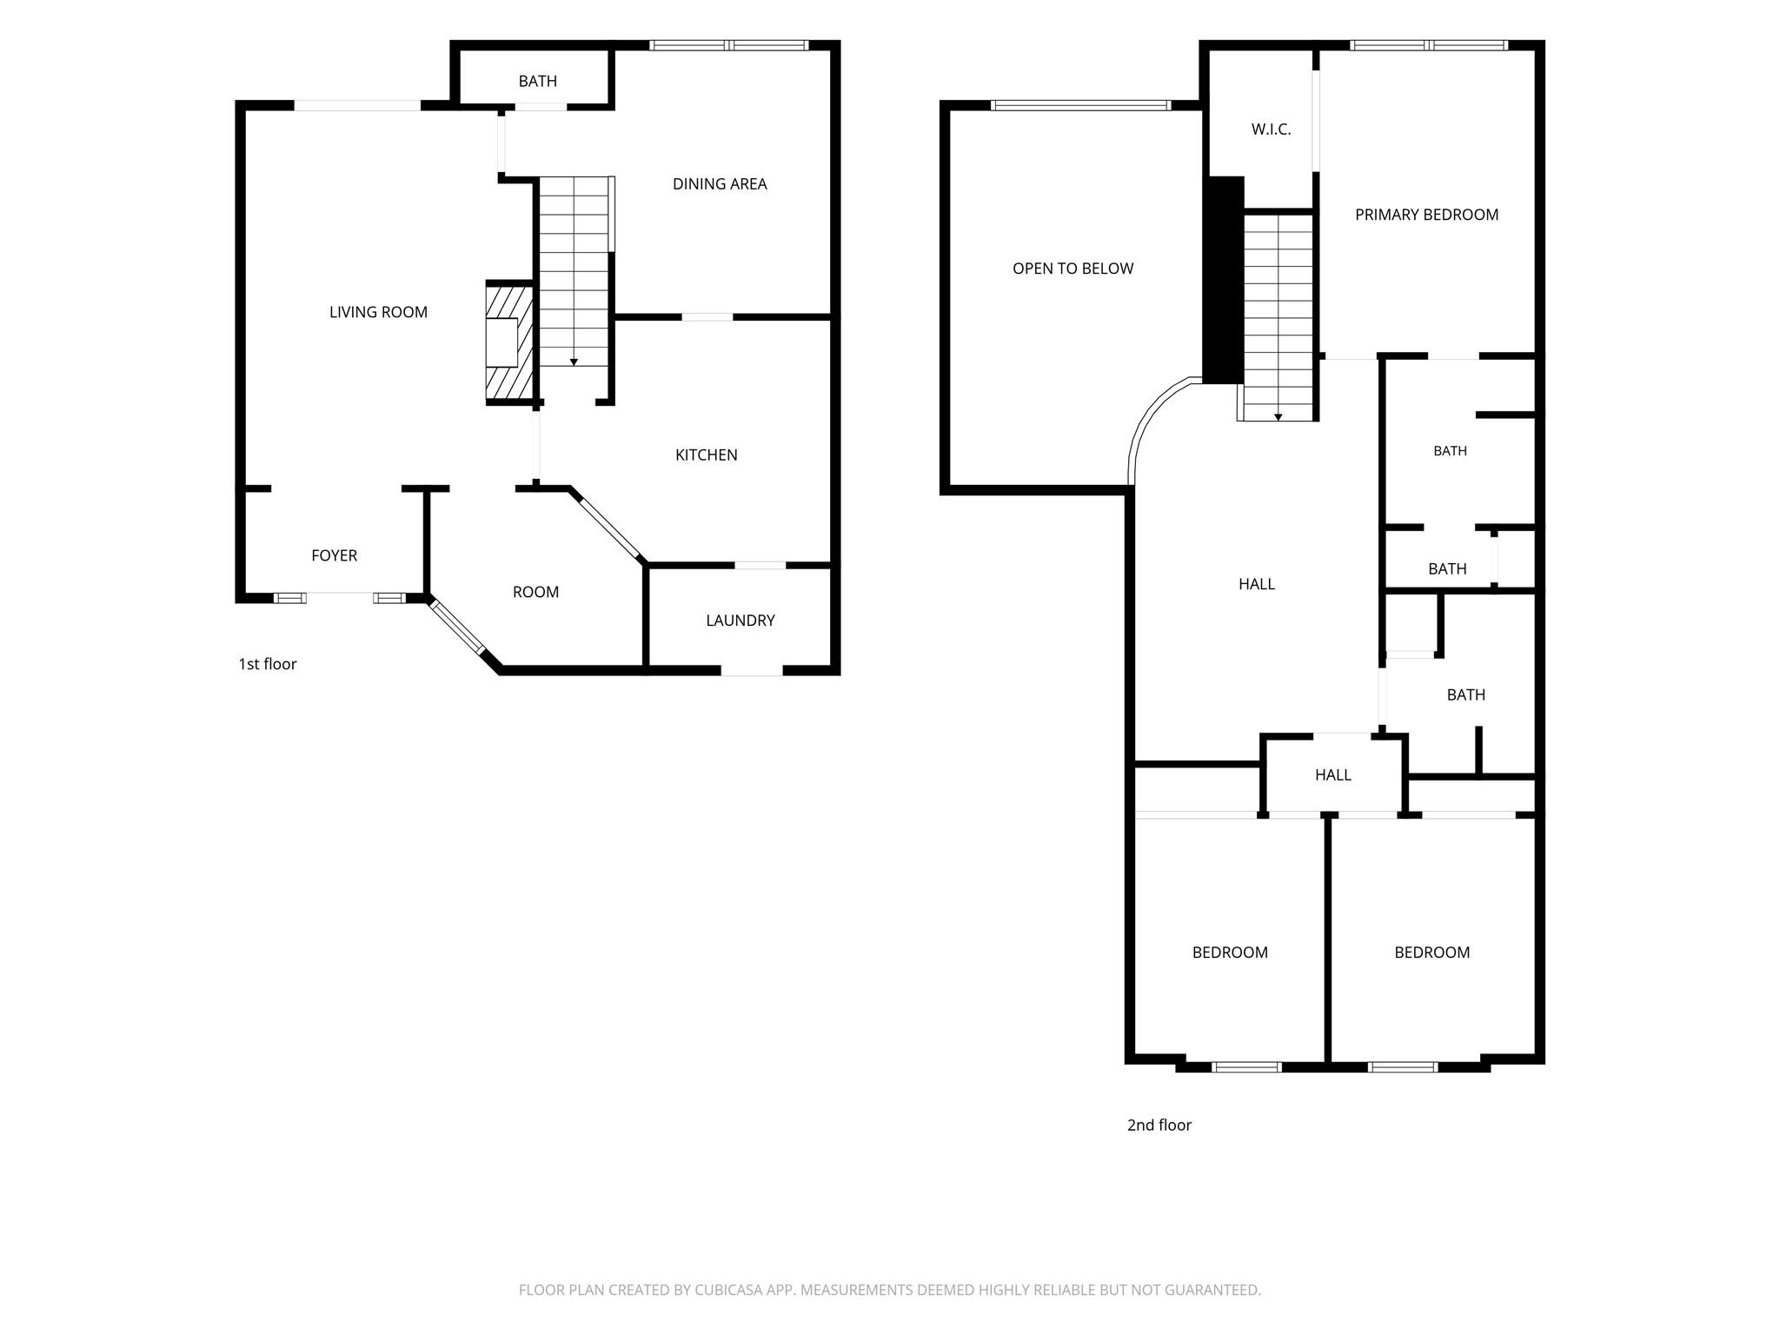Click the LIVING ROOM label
point(378,312)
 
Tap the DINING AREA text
point(720,183)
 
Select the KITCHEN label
point(707,455)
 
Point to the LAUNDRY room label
point(741,620)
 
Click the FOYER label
point(335,555)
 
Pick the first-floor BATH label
point(538,81)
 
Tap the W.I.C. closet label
point(1272,130)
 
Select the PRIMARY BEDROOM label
point(1427,215)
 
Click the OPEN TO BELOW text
point(1073,269)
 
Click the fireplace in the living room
point(509,343)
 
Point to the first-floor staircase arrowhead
point(574,362)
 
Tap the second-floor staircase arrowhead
point(1279,417)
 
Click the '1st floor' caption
point(268,664)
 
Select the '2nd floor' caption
point(1159,1125)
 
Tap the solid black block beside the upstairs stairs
point(1224,280)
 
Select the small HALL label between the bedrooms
point(1333,774)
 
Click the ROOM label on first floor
point(536,592)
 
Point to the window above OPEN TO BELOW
point(1081,106)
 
